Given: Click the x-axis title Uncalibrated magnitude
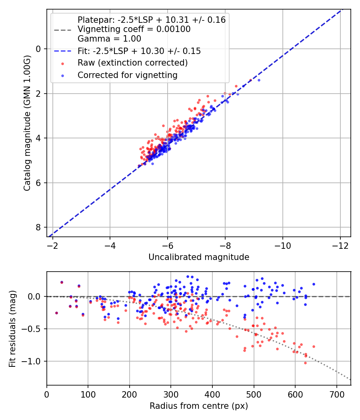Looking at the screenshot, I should click(199, 257).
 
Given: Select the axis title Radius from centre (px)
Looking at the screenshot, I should click(199, 406).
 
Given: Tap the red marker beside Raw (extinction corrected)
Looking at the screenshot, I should click(62, 63).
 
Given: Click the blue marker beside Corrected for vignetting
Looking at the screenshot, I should click(62, 75).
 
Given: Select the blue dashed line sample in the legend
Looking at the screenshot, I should click(62, 51).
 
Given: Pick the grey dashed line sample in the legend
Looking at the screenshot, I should click(62, 29).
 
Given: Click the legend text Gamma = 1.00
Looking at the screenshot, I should click(109, 39).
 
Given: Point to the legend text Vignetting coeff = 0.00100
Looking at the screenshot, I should click(134, 29).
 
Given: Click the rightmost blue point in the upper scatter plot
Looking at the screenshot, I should click(259, 80).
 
